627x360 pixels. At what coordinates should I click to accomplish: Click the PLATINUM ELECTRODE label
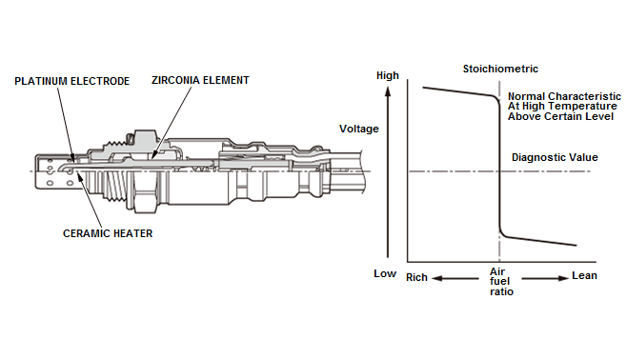[72, 81]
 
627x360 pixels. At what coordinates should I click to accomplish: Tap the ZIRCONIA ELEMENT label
[200, 80]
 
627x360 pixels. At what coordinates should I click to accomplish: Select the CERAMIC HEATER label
[108, 233]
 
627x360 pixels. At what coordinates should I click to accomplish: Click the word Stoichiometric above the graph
[500, 69]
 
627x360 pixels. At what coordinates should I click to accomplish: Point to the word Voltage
[358, 129]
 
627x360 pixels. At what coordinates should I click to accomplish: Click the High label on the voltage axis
[388, 75]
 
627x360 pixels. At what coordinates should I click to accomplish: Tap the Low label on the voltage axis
[385, 273]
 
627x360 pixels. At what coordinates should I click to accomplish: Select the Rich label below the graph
[416, 277]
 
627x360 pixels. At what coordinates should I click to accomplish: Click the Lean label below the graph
[584, 275]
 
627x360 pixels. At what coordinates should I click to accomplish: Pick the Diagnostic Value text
[555, 157]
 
